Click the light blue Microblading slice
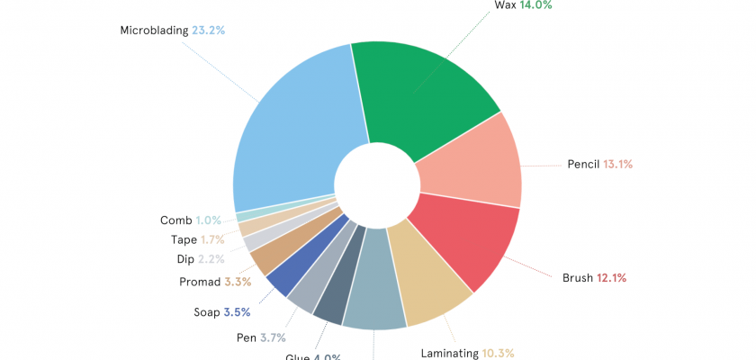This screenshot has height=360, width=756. [288, 135]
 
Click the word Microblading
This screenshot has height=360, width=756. [153, 30]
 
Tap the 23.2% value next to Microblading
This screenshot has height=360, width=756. [208, 30]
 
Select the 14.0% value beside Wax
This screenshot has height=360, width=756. [535, 4]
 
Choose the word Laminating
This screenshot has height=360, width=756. [450, 354]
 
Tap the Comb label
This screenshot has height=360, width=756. [175, 220]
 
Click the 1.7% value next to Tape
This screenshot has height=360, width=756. [212, 239]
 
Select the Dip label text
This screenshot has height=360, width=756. [185, 259]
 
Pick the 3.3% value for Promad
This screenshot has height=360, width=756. [238, 282]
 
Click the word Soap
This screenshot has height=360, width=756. [206, 312]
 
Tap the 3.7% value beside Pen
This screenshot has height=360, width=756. [273, 337]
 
